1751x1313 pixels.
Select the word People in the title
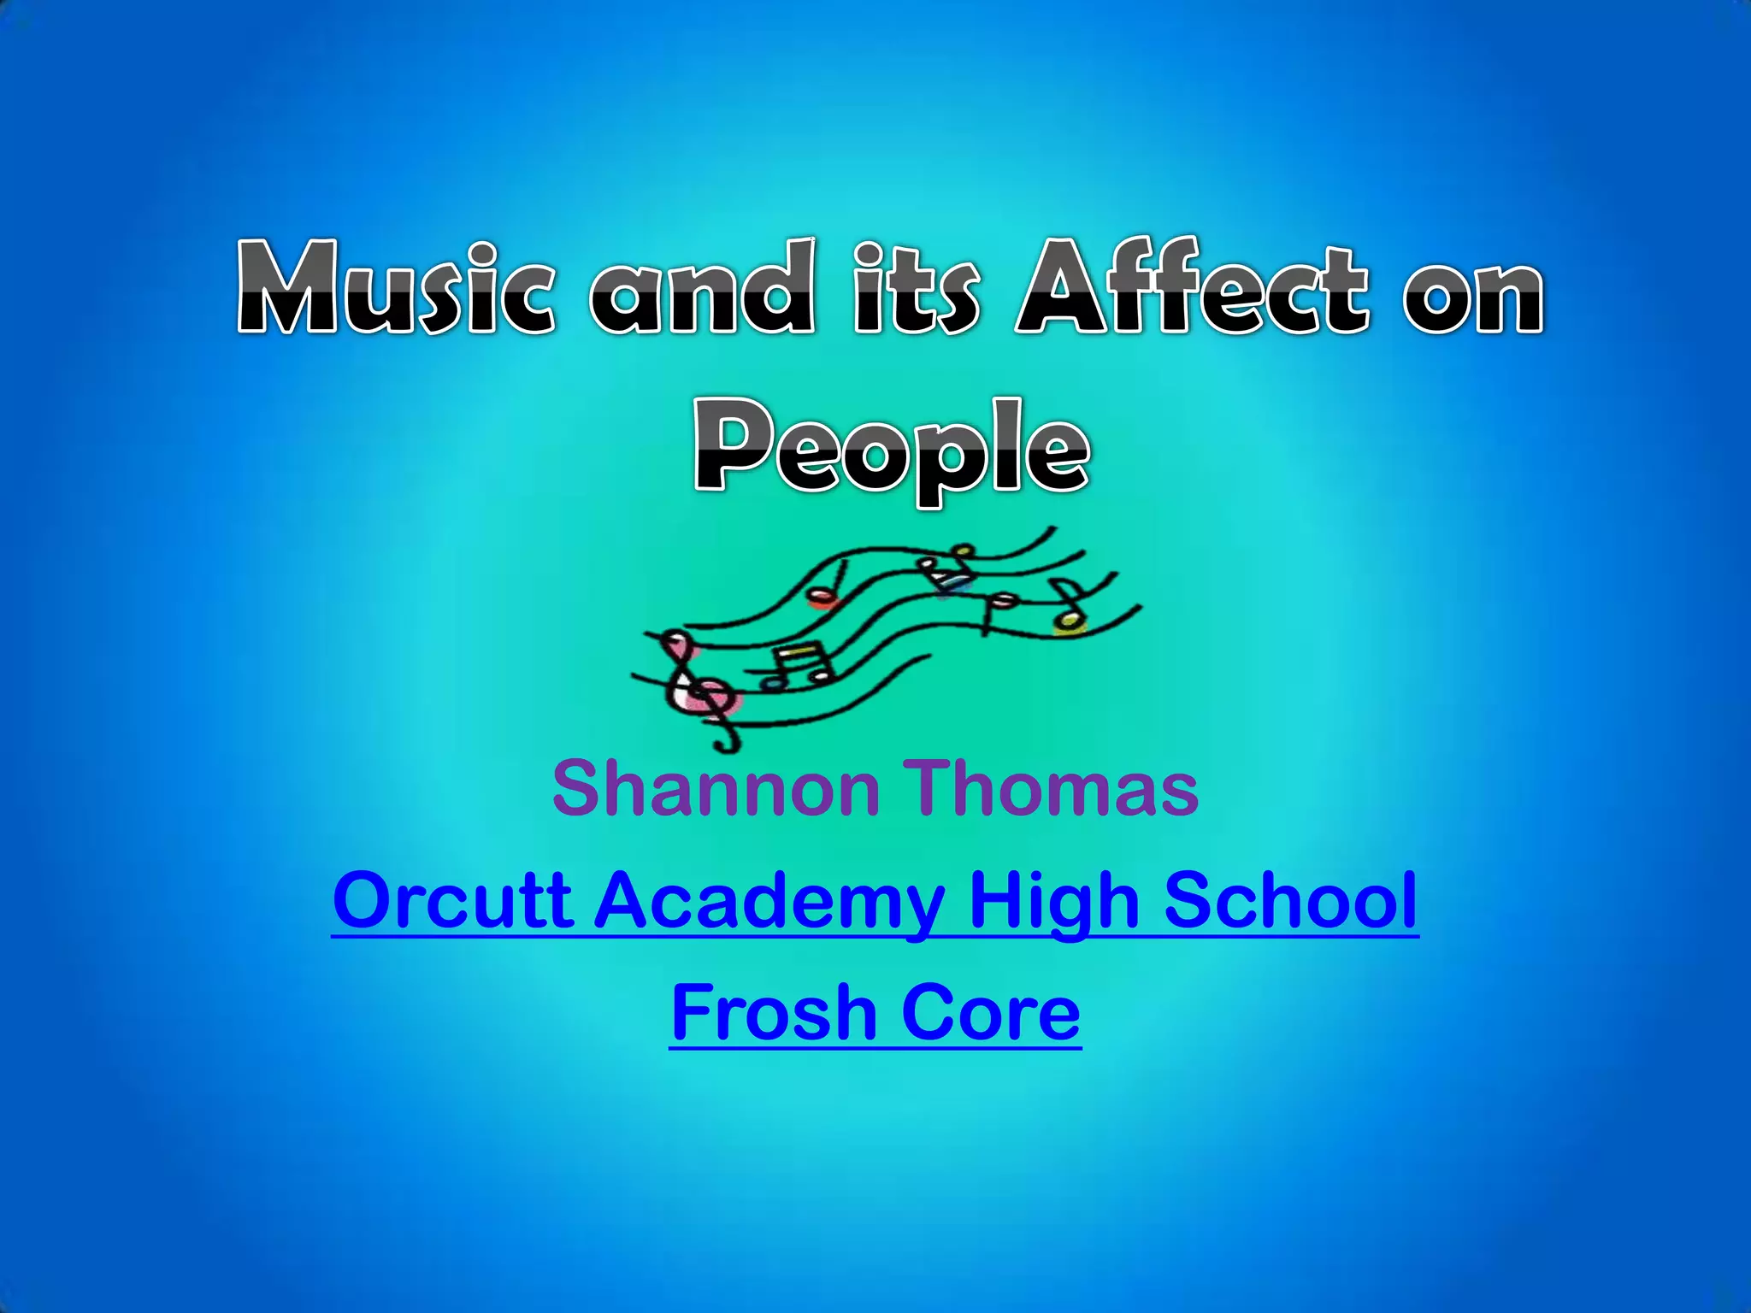click(x=891, y=449)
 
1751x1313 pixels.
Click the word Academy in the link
click(x=769, y=902)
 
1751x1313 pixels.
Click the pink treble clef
click(x=697, y=680)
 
